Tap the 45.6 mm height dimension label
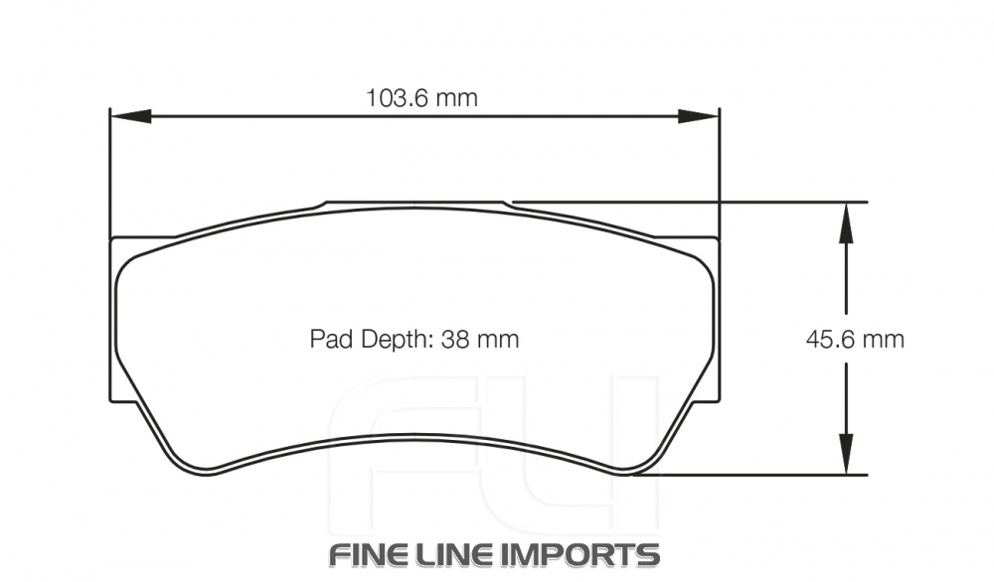click(854, 340)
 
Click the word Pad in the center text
click(329, 340)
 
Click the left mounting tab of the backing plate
click(115, 318)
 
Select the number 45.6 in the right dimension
click(832, 340)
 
